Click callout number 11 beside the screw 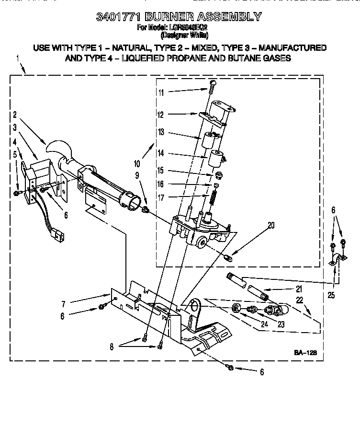(x=161, y=92)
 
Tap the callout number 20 (x=271, y=226)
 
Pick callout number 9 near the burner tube (x=137, y=175)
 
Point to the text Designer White (x=184, y=35)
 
